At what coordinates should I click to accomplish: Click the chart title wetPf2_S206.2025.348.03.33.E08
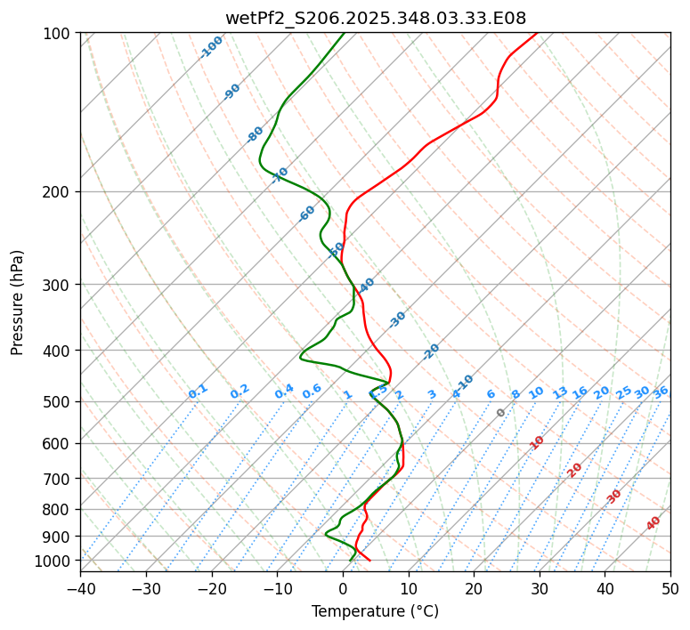tap(375, 18)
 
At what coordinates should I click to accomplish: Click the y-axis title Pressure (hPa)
tap(18, 302)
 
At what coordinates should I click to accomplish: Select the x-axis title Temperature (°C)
tap(375, 611)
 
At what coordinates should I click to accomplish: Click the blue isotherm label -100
tap(212, 46)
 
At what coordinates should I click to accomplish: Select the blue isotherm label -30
tap(397, 319)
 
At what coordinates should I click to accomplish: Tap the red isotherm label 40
tap(653, 523)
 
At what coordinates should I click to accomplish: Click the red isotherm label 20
tap(575, 469)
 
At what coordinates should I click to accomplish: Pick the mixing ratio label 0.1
tap(198, 392)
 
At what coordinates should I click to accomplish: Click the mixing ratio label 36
tap(661, 392)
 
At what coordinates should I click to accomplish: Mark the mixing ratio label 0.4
tap(284, 392)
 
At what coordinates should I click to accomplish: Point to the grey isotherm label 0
tap(501, 413)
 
